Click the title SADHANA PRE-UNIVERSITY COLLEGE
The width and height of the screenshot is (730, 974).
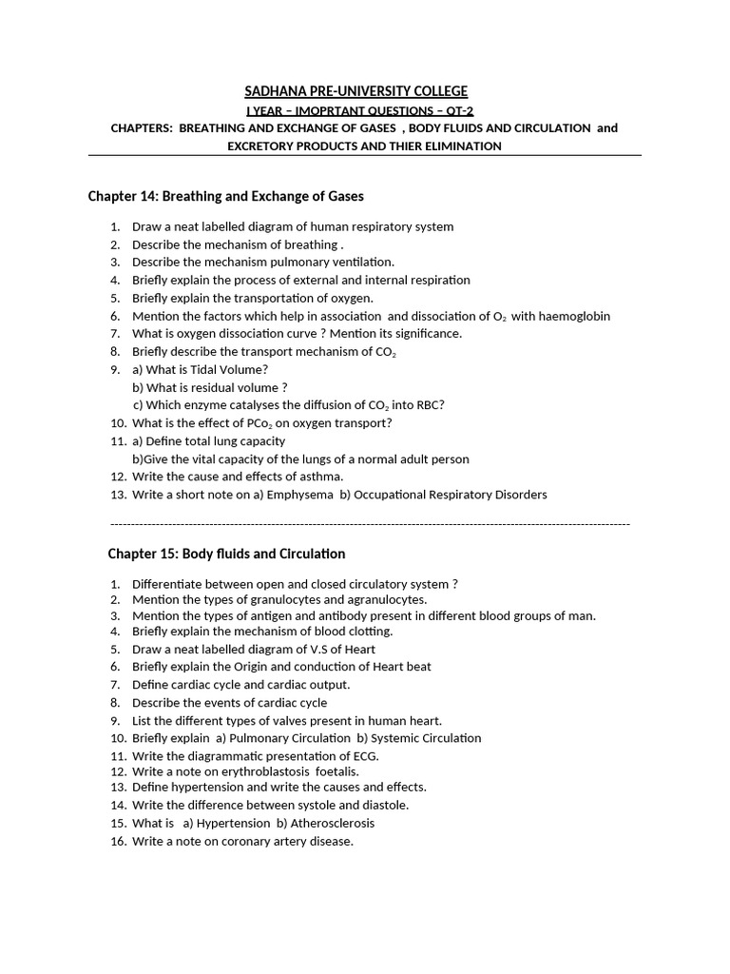[356, 91]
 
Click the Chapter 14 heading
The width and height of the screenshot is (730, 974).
[225, 196]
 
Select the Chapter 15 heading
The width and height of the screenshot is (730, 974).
[226, 554]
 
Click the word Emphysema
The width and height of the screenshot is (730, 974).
[299, 495]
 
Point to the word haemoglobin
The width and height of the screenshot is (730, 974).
[574, 316]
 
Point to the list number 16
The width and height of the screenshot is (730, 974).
[118, 842]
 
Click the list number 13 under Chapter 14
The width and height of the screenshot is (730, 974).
[118, 495]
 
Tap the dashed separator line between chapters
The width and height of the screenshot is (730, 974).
[370, 524]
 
